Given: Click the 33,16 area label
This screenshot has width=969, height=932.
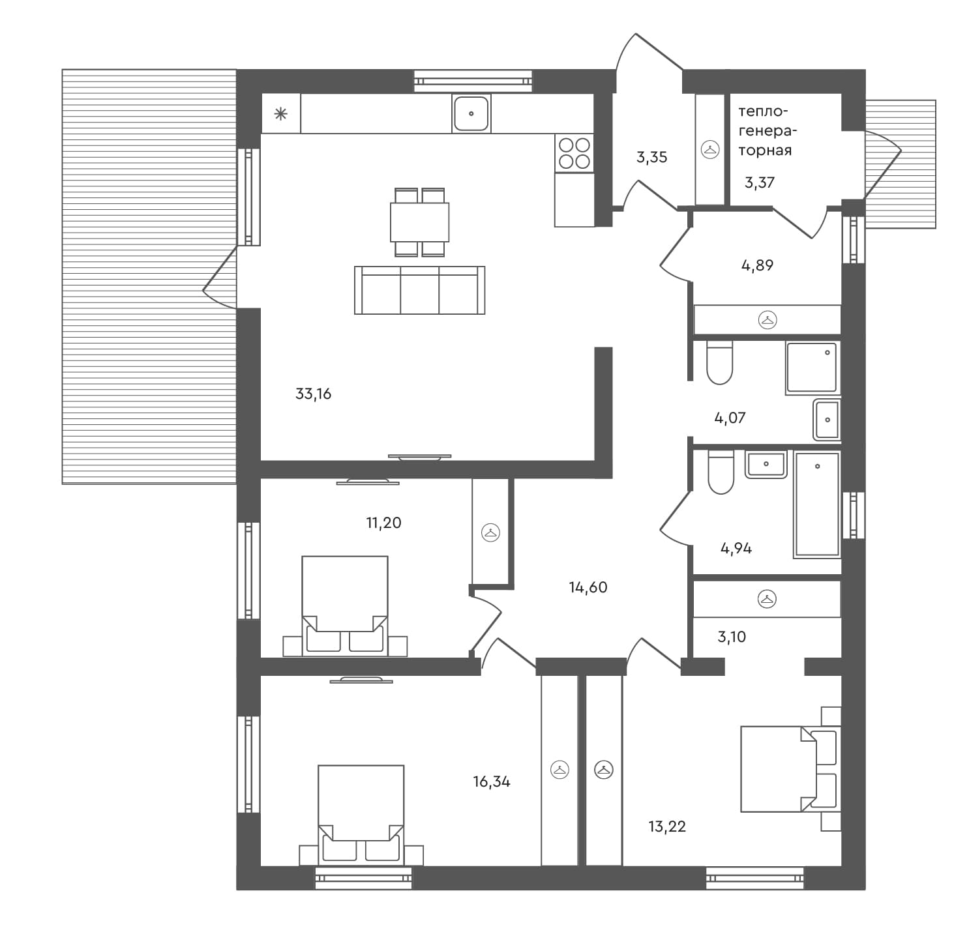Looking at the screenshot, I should (x=314, y=394).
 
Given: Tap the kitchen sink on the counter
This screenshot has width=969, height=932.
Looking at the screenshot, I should (x=471, y=113).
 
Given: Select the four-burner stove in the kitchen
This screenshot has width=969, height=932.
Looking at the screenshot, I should (x=574, y=153).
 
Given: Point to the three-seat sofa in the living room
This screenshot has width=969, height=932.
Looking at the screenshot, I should (x=419, y=291).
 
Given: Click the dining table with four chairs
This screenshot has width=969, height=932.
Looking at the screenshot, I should (x=419, y=222).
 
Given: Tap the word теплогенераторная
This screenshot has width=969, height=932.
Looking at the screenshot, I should (x=767, y=131).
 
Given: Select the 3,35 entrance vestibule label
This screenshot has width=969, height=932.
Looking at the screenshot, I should (x=651, y=157).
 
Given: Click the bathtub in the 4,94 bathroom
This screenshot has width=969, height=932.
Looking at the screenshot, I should (x=816, y=505).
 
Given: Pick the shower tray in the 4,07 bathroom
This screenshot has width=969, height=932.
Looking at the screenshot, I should (x=812, y=368).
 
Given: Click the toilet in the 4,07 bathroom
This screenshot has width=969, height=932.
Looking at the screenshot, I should (x=720, y=363).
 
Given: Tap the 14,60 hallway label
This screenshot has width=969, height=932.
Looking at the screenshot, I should (x=588, y=587).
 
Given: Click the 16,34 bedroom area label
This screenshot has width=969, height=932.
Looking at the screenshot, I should (x=492, y=781).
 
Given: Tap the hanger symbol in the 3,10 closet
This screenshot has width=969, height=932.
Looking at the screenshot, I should (x=767, y=599).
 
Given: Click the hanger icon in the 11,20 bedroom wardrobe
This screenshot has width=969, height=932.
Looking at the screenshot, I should (x=490, y=532).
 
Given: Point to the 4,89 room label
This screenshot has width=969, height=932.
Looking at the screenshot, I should (x=757, y=265).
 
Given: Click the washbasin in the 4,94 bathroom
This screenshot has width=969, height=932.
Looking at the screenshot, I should (x=766, y=465).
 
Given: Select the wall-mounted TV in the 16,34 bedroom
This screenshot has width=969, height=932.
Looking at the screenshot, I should (x=361, y=680).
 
